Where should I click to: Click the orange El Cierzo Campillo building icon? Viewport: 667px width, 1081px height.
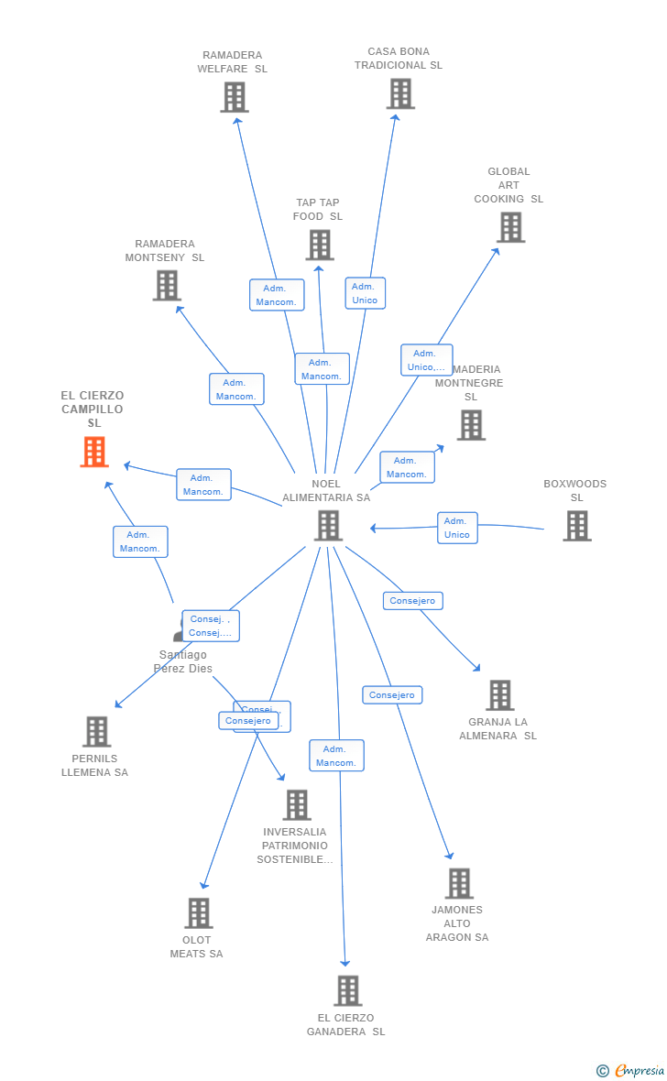coord(94,452)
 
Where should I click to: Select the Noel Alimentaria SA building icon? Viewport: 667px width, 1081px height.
coord(328,525)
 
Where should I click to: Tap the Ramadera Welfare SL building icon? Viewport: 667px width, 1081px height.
coord(235,97)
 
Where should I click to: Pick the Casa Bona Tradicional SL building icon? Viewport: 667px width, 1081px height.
coord(400,93)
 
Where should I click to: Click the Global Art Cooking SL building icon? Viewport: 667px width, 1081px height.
coord(510,227)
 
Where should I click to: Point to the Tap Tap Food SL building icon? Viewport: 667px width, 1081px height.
coord(319,245)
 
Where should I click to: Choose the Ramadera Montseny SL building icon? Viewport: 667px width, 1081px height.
coord(167,285)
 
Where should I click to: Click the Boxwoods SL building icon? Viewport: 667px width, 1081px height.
coord(576,526)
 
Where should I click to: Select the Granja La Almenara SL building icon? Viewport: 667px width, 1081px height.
coord(499,695)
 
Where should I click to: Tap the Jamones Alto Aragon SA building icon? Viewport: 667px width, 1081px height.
coord(459,883)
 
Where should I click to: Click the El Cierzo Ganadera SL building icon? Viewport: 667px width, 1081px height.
coord(347,990)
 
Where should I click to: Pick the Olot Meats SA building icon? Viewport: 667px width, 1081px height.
coord(199,912)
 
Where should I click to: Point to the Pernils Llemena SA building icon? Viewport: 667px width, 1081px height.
coord(96,731)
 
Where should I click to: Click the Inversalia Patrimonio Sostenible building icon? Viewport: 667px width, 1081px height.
coord(297,804)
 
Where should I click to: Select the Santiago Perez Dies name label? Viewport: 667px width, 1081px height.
coord(183,661)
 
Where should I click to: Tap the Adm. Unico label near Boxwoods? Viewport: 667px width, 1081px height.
coord(457,528)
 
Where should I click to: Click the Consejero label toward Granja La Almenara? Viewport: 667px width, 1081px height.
coord(412,601)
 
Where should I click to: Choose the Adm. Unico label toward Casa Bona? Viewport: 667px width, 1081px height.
coord(365,293)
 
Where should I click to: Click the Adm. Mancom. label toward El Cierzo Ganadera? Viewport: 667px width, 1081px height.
coord(336,756)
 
